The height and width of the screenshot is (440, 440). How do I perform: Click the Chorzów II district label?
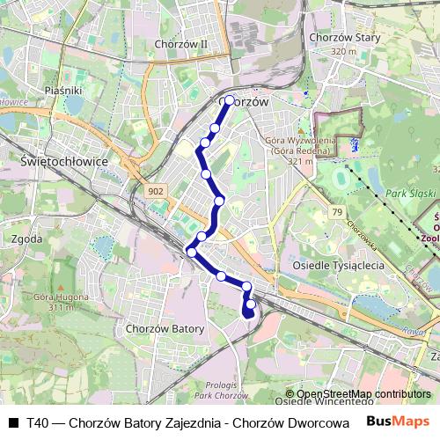tap(180, 43)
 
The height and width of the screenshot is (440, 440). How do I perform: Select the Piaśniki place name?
tap(62, 90)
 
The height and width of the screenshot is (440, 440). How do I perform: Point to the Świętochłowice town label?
tap(62, 162)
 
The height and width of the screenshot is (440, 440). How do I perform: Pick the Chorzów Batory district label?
tap(165, 328)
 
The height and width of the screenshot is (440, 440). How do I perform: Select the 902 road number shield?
tap(156, 191)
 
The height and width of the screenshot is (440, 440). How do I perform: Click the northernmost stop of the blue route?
tap(230, 100)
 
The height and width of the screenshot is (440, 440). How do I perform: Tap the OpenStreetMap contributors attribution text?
tap(363, 394)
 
